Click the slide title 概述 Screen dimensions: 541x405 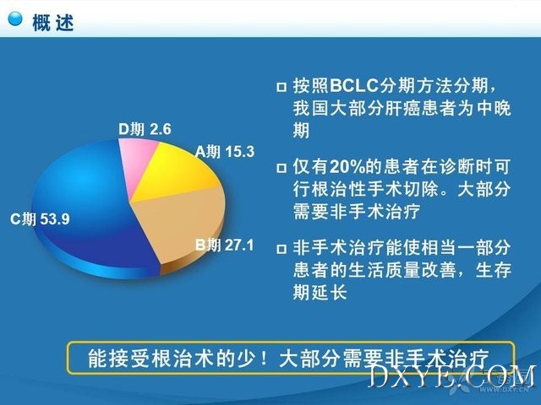pyautogui.click(x=52, y=23)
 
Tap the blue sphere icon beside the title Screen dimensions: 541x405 pyautogui.click(x=15, y=19)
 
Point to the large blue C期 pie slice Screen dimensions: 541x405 pyautogui.click(x=83, y=207)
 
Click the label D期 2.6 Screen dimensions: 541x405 pyautogui.click(x=145, y=129)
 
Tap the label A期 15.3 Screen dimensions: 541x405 pyautogui.click(x=225, y=152)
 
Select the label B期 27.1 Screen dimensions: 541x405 pyautogui.click(x=225, y=246)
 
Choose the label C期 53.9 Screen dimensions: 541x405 pyautogui.click(x=40, y=219)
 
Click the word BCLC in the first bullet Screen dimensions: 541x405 pyautogui.click(x=354, y=85)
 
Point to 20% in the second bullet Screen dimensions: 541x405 pyautogui.click(x=347, y=167)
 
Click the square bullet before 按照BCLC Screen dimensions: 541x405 pyautogui.click(x=281, y=87)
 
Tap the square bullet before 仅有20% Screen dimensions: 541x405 pyautogui.click(x=281, y=168)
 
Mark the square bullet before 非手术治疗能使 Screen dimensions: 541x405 pyautogui.click(x=281, y=249)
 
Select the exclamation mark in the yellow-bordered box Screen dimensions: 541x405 pyautogui.click(x=264, y=358)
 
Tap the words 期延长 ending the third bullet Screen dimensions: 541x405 pyautogui.click(x=320, y=293)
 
